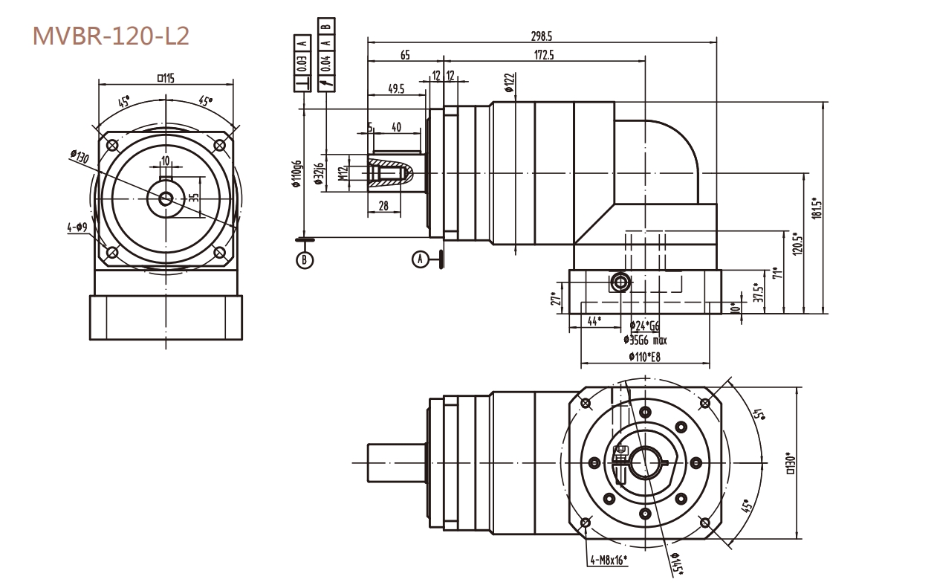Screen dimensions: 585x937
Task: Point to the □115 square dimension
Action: click(165, 77)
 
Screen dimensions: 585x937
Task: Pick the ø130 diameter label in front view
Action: click(80, 158)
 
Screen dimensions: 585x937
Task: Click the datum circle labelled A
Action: click(421, 259)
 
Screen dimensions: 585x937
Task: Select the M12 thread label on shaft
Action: click(343, 173)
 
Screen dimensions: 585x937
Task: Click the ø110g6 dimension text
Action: click(296, 175)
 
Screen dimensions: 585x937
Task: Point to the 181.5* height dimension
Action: click(817, 207)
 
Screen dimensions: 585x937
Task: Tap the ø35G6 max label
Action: click(645, 340)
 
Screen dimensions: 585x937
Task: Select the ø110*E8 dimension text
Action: click(644, 357)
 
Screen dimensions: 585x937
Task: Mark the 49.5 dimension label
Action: click(396, 89)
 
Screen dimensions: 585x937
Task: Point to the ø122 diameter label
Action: click(509, 83)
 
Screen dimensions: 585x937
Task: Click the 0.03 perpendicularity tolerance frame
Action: click(302, 63)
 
